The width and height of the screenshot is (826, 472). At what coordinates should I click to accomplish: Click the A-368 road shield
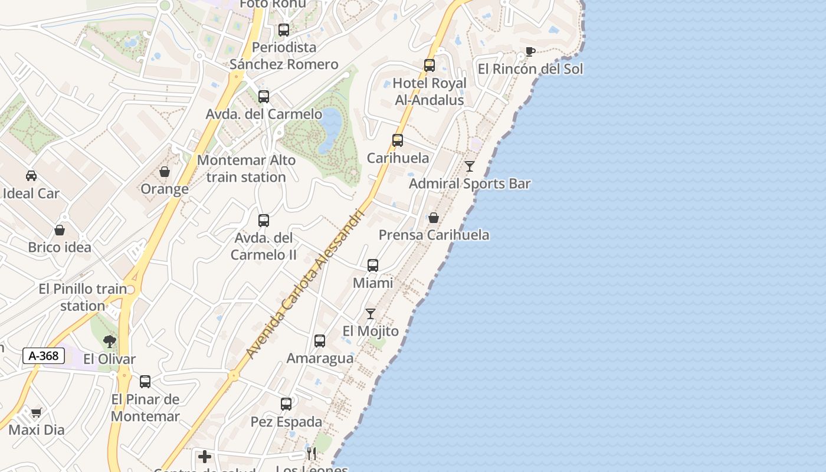pos(44,356)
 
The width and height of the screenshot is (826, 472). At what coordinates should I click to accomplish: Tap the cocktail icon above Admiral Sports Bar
pos(469,166)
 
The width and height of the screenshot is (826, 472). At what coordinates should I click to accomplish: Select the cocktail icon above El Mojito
pos(370,314)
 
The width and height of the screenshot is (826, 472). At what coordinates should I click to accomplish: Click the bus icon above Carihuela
pos(398,140)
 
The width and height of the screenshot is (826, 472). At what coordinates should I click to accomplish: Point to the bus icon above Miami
pos(373,265)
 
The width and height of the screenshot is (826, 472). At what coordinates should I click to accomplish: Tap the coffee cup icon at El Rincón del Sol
pos(530,52)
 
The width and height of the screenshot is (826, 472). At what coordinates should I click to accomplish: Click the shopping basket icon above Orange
pos(165,172)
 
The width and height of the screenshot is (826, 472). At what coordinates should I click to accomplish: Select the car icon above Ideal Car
pos(31,176)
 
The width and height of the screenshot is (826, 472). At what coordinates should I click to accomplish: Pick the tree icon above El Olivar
pos(109,341)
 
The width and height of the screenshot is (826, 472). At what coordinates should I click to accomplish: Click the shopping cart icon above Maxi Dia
pos(37,412)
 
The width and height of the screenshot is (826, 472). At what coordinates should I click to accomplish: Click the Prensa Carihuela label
pos(434,235)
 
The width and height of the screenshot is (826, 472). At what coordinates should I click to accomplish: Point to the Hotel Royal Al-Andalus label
pos(430,91)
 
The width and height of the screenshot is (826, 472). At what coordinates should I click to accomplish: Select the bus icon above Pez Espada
pos(286,404)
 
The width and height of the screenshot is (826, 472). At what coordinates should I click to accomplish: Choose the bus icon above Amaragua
pos(320,341)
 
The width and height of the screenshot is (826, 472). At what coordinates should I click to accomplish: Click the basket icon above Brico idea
pos(60,230)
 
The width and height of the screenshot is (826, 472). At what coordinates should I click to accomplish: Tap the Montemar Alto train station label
pos(247,168)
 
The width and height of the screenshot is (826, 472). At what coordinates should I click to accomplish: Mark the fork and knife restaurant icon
pos(312,453)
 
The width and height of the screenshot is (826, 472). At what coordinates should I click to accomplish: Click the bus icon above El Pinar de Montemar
pos(145,382)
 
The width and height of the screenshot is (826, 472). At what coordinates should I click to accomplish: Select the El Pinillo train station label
pos(83,297)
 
